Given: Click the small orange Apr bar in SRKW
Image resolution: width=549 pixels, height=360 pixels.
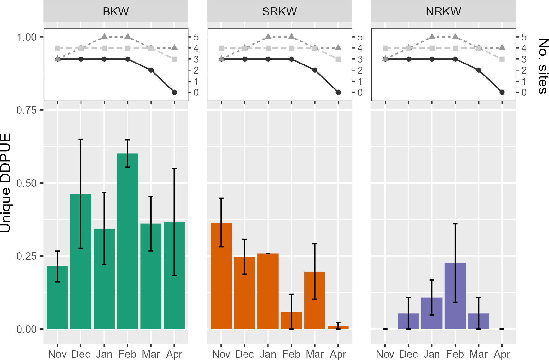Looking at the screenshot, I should [x=338, y=327].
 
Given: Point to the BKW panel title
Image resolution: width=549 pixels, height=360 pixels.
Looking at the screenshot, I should [x=116, y=12].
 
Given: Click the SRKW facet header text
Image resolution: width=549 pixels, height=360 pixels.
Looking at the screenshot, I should [x=280, y=12].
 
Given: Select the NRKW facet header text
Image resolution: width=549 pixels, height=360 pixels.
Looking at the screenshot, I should [x=443, y=12].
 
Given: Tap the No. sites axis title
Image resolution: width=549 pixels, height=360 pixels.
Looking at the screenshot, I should [x=542, y=66].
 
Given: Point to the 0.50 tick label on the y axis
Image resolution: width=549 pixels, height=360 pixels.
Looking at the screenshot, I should [x=26, y=183].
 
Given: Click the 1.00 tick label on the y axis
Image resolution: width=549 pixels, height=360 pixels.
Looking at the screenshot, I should [x=26, y=37].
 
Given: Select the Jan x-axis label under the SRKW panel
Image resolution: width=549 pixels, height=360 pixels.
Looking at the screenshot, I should [x=268, y=354].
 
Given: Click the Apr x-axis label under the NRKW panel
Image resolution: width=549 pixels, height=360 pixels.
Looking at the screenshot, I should [x=502, y=354].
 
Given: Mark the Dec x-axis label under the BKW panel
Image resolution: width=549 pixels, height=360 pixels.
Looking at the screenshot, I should [x=81, y=354].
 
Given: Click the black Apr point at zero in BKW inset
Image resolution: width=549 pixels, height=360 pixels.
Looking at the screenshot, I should [x=174, y=92].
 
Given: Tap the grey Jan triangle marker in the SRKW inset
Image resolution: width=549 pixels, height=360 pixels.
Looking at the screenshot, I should [x=268, y=37].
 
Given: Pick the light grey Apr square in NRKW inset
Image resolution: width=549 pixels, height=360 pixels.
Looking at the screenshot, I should [x=502, y=59].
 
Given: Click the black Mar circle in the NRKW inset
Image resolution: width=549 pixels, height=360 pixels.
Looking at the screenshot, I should [x=479, y=70].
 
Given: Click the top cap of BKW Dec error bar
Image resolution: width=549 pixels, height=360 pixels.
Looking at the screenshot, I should [x=81, y=139].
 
